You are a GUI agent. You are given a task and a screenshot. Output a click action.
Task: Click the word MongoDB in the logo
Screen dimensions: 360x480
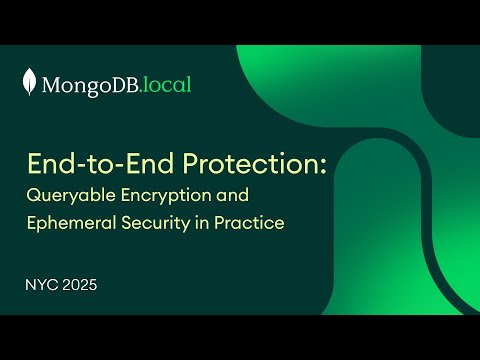pyautogui.click(x=91, y=85)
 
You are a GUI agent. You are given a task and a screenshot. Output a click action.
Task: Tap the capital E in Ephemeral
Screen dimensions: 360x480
pyautogui.click(x=31, y=223)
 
